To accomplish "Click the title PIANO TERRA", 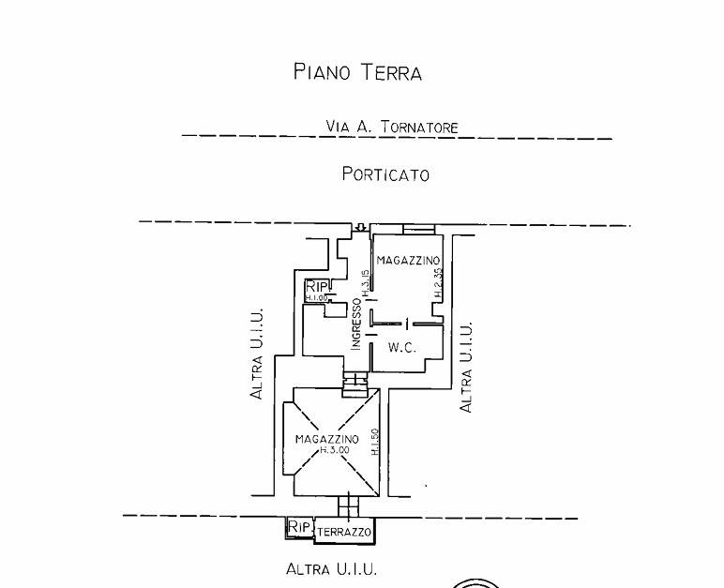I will tap(357, 72).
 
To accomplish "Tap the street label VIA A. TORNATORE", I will tap(392, 126).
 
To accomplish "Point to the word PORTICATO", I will tap(385, 173).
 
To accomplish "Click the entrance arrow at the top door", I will tap(360, 228).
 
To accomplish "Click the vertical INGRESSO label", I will tap(356, 324).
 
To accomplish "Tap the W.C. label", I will tap(402, 347).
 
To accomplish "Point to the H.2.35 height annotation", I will tap(438, 284).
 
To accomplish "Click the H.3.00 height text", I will tap(334, 450).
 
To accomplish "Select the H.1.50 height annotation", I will tap(374, 444).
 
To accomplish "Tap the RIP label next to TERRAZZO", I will tap(299, 527).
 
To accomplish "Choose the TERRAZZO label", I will tap(344, 532).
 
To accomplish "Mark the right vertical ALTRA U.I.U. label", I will tap(466, 367).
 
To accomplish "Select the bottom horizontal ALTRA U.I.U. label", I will tap(331, 568).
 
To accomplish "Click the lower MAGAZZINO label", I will tap(327, 439).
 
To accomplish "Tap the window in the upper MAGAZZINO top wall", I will tap(418, 229).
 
